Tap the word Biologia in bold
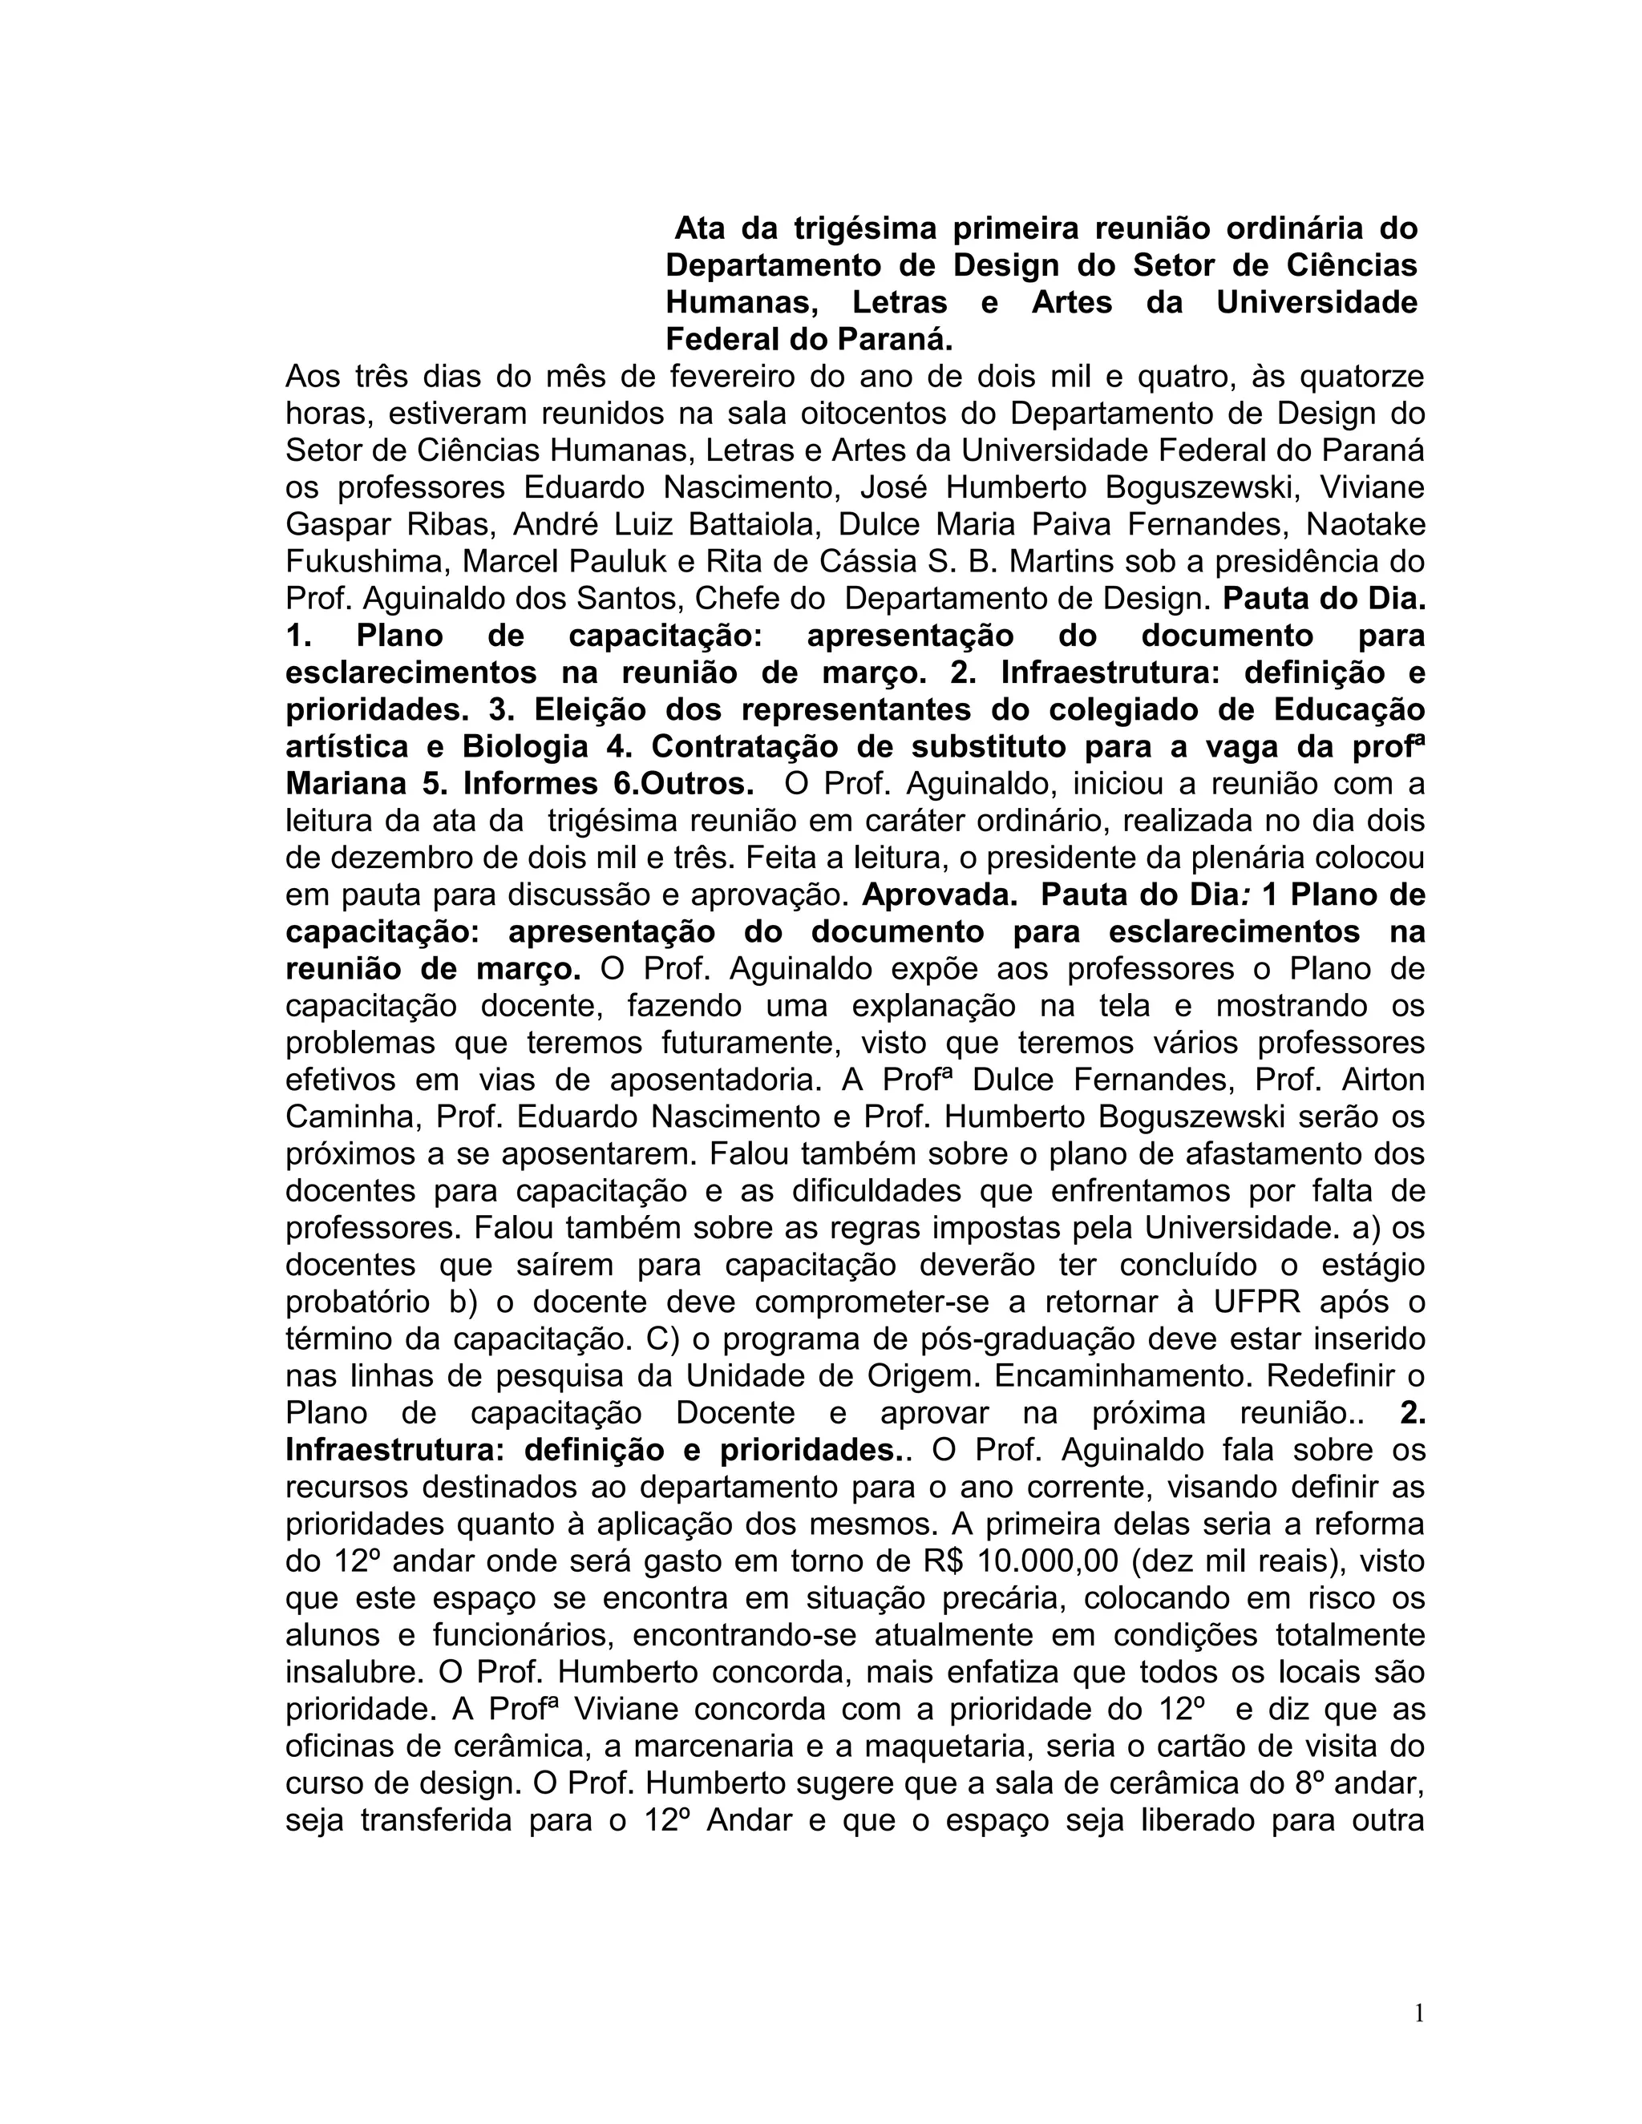pyautogui.click(x=525, y=747)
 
